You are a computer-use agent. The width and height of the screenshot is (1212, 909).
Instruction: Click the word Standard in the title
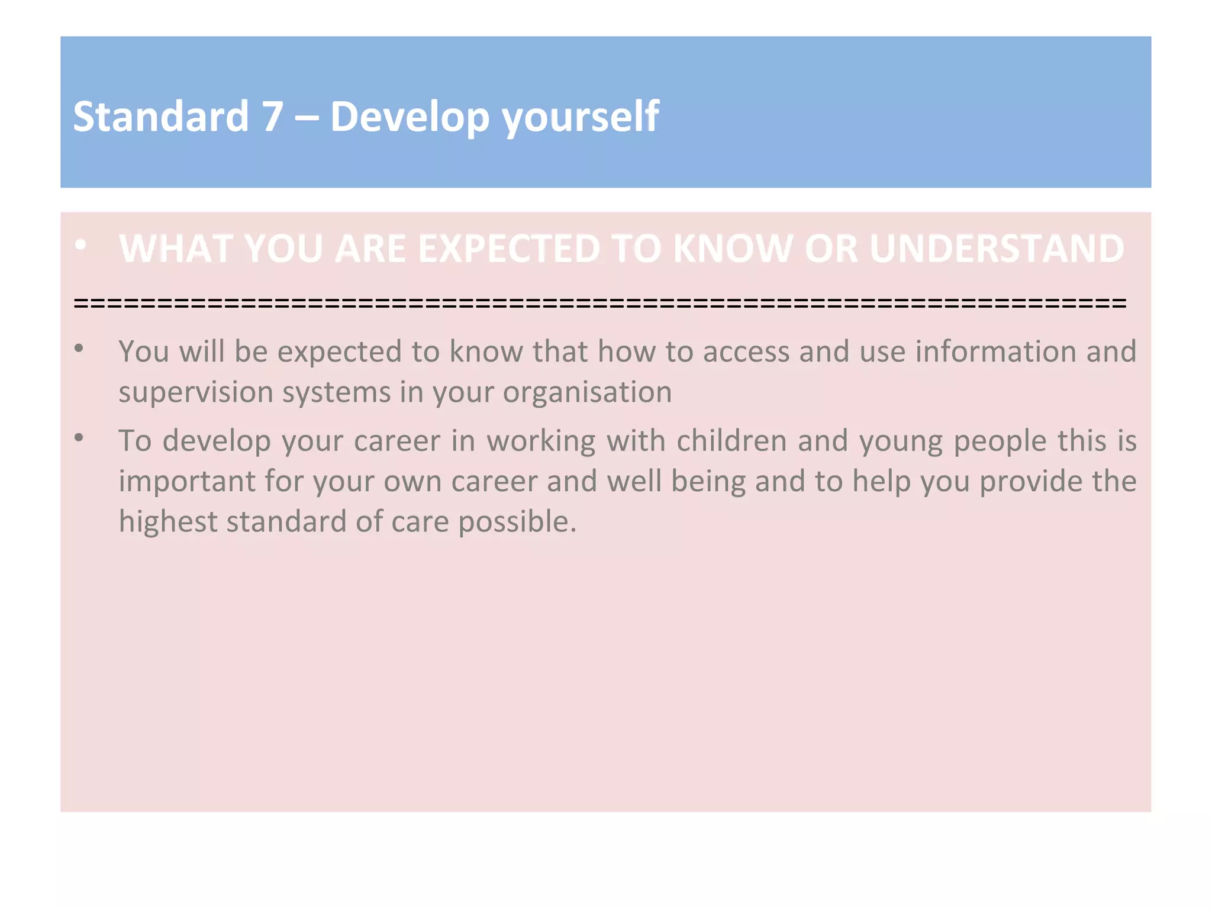pyautogui.click(x=160, y=116)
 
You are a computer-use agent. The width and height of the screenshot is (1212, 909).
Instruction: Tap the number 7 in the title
pyautogui.click(x=272, y=116)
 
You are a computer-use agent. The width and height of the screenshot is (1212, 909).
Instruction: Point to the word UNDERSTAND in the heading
pyautogui.click(x=997, y=248)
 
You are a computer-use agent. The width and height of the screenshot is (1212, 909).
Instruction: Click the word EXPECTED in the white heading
pyautogui.click(x=508, y=248)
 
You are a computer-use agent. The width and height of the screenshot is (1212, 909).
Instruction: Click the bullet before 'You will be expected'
pyautogui.click(x=79, y=349)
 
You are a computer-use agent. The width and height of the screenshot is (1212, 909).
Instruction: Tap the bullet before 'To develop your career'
pyautogui.click(x=79, y=438)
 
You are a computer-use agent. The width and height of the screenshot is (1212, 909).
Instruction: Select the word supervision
pyautogui.click(x=195, y=392)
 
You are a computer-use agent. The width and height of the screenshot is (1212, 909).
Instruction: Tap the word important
pyautogui.click(x=186, y=481)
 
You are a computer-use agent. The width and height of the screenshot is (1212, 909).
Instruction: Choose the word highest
pyautogui.click(x=167, y=522)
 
